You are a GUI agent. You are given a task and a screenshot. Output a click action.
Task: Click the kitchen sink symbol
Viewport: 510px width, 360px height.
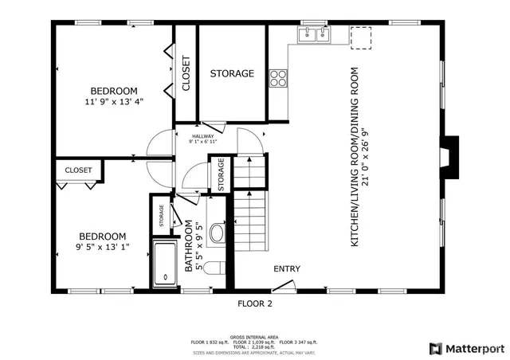[x=313, y=34]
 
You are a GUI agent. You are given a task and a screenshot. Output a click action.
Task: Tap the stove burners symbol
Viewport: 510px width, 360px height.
[x=278, y=77]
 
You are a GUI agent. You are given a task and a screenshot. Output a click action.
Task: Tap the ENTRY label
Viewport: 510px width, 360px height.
[x=287, y=268]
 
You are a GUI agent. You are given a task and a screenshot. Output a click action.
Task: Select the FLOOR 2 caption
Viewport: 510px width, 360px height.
[x=255, y=303]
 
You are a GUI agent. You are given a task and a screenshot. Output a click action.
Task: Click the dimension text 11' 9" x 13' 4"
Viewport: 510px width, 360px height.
[x=113, y=101]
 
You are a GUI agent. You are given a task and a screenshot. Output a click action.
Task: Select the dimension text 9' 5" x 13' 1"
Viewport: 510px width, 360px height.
[x=101, y=247]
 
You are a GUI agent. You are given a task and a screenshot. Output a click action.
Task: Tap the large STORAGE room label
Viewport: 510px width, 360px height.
[x=232, y=73]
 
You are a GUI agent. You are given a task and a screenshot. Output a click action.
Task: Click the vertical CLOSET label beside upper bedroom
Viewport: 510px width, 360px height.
[x=186, y=73]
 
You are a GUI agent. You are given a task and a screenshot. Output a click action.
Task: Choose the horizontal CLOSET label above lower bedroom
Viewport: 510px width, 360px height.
[x=78, y=170]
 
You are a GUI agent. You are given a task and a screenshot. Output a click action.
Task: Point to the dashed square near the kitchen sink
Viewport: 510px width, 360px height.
[x=361, y=36]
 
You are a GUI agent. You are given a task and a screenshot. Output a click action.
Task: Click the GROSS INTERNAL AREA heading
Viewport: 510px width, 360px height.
[x=254, y=337]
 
